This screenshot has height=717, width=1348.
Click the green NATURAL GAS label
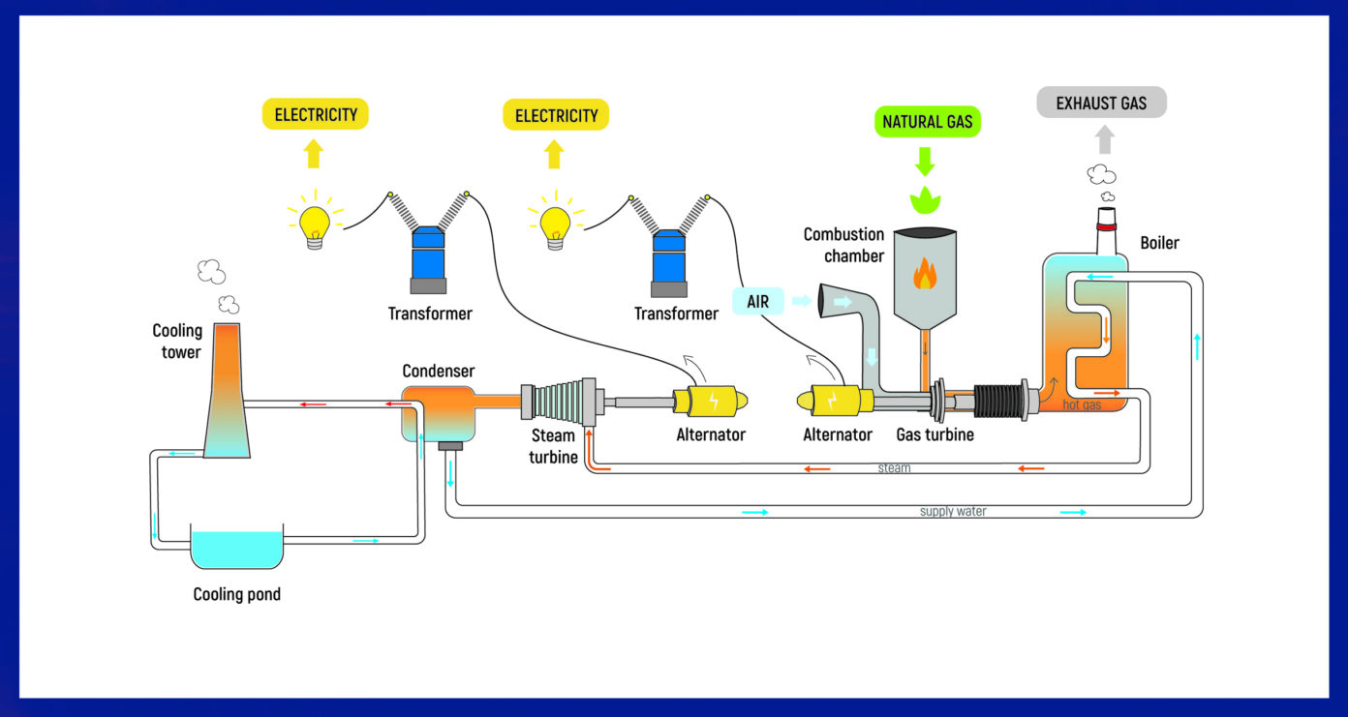tap(927, 122)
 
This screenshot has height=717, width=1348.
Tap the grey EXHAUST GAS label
tap(1101, 103)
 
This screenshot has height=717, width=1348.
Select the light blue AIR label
tap(757, 302)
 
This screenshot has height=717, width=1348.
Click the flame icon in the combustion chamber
tap(925, 275)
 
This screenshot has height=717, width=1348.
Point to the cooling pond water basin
tap(237, 548)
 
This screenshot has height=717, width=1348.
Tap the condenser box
tap(438, 412)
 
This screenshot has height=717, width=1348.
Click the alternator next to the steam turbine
tap(710, 401)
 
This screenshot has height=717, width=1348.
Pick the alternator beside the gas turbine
tap(832, 400)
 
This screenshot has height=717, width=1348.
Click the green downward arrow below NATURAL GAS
tap(926, 160)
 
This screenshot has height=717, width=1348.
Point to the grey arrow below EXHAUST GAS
tap(1104, 141)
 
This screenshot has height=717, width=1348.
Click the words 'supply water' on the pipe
tap(953, 511)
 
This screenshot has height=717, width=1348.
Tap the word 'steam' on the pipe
tap(894, 468)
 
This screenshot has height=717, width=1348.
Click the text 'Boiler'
tap(1159, 243)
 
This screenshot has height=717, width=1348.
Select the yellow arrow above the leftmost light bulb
tap(313, 153)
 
